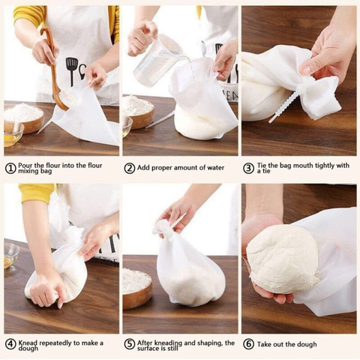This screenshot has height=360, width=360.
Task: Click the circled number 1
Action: coord(10,168)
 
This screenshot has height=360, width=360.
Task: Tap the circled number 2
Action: coord(130,168)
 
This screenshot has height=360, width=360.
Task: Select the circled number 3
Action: coord(248,168)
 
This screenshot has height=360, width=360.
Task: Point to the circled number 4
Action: coord(10,344)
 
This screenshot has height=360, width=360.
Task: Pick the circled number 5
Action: coord(130,344)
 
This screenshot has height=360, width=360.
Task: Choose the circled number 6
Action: coord(248,344)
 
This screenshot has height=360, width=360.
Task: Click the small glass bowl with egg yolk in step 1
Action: coord(13,134)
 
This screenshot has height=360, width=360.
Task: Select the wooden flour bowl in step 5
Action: coord(137,287)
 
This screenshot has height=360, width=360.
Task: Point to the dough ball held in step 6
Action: coord(283,260)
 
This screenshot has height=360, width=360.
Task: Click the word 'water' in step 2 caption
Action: coord(214,168)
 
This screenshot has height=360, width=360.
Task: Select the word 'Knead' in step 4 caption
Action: coord(28,343)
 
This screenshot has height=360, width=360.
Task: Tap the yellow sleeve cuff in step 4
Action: coord(37,193)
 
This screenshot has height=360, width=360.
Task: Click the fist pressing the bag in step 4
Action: coord(47,290)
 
